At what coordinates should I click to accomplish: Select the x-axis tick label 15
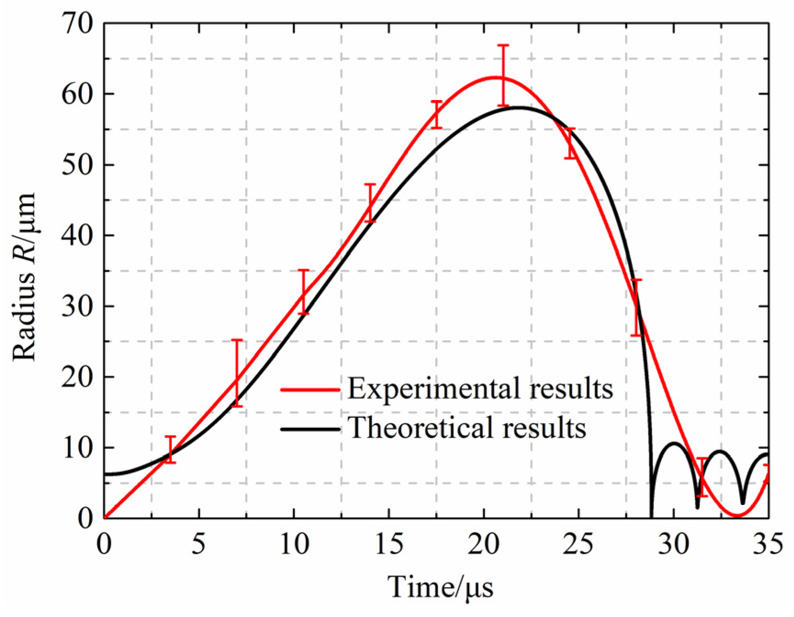389,544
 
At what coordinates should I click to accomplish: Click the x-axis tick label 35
768,544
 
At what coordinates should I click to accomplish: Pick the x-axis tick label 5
199,544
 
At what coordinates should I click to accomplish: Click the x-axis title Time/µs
440,587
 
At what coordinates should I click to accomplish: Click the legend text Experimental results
480,389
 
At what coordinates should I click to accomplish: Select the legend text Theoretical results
467,428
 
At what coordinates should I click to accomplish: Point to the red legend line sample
310,390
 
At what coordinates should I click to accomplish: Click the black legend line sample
310,429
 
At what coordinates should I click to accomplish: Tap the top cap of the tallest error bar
503,45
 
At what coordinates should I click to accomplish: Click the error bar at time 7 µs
237,373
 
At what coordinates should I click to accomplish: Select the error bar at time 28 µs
636,307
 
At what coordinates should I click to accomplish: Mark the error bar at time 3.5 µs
170,449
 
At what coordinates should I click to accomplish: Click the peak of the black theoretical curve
518,107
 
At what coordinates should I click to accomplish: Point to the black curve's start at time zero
106,474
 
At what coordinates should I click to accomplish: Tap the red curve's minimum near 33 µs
737,516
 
